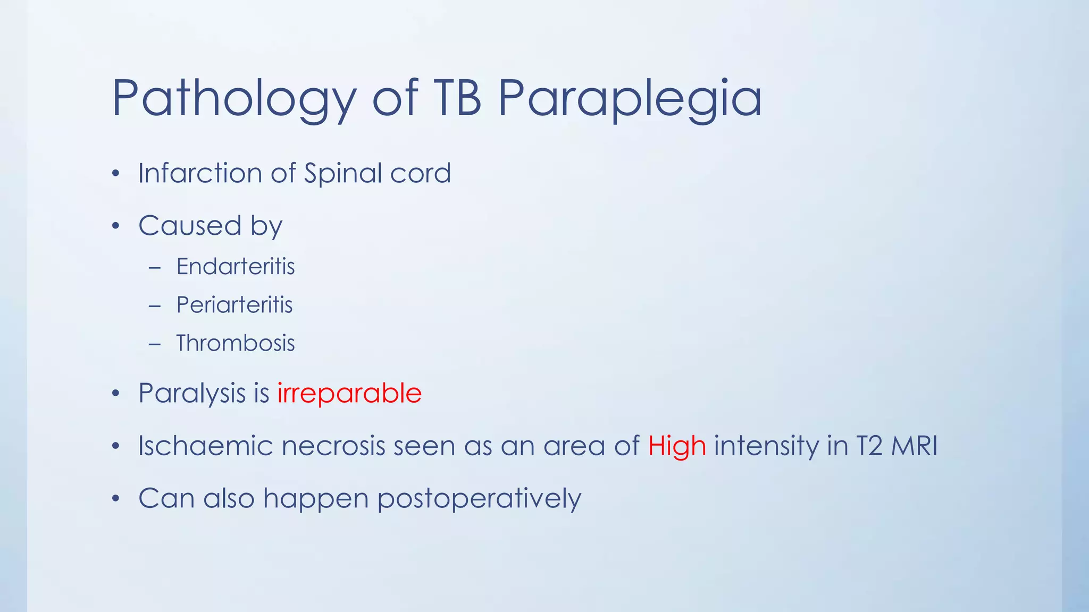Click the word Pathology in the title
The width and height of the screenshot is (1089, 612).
point(234,99)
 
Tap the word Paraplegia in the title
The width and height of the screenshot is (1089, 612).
point(630,99)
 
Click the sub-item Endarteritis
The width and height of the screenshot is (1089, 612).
point(236,267)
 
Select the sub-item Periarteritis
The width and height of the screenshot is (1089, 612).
point(234,305)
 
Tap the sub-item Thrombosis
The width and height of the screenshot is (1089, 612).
point(236,343)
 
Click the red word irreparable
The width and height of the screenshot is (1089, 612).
point(349,394)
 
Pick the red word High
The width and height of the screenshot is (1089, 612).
point(677,446)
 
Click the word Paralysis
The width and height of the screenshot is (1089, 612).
point(192,394)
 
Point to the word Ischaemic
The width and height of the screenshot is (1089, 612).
point(205,445)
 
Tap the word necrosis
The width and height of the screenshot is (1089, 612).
point(333,446)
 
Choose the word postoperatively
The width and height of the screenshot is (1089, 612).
point(479,499)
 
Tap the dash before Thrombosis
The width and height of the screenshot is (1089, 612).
point(155,344)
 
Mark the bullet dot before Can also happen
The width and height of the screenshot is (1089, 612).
point(116,499)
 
